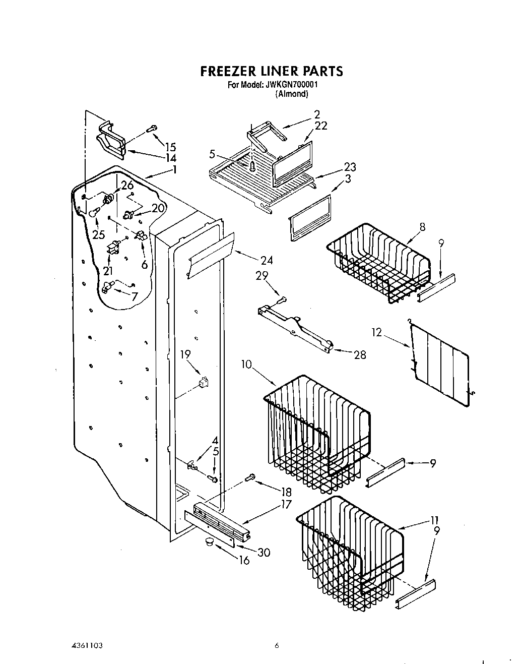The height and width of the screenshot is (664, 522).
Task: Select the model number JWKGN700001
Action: (x=291, y=85)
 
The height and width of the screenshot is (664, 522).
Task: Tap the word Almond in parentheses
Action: (x=291, y=94)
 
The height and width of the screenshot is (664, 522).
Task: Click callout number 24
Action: (x=267, y=261)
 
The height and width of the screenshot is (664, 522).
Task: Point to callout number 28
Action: (x=360, y=355)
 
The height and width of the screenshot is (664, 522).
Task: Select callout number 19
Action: (x=185, y=354)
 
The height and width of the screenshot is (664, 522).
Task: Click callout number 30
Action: (x=264, y=553)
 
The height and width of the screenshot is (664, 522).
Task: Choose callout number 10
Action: (x=246, y=365)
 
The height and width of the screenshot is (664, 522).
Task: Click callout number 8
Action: (x=422, y=227)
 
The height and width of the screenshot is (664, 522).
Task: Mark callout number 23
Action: (x=350, y=167)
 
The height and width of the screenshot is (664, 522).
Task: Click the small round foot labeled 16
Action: (x=208, y=542)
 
